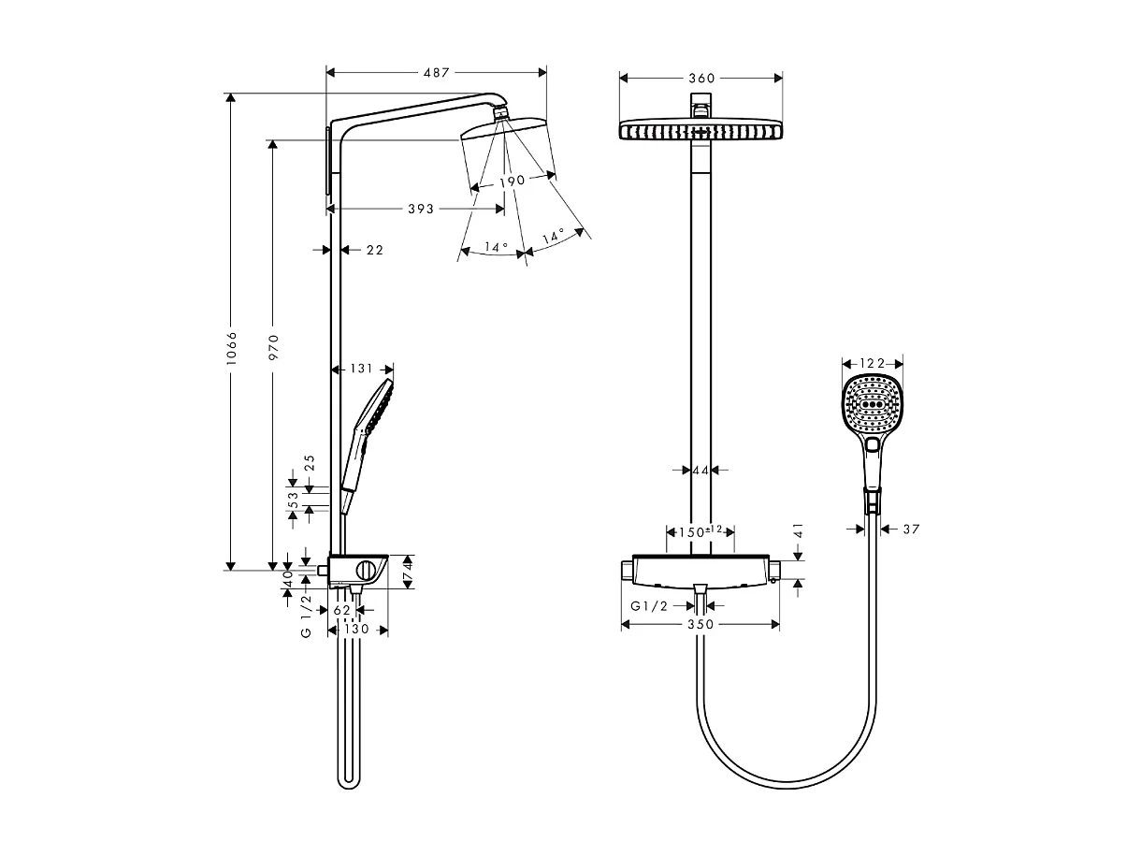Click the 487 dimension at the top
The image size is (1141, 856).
tap(436, 72)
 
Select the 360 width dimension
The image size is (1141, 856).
tap(701, 79)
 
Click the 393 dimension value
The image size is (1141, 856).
tap(421, 209)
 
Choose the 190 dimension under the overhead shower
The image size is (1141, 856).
tap(512, 180)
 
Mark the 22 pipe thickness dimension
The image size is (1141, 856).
tap(374, 250)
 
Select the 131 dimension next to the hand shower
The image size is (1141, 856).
tap(361, 370)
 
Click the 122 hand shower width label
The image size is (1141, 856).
tap(872, 363)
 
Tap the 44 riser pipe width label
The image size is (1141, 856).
tap(700, 470)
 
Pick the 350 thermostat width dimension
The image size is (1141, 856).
tap(700, 624)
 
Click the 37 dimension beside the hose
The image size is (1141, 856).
tap(911, 530)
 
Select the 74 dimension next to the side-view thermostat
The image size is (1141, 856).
tap(407, 571)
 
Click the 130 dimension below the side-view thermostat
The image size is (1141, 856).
tap(357, 630)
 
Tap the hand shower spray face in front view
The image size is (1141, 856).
tap(874, 405)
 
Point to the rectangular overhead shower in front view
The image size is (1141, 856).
tap(700, 130)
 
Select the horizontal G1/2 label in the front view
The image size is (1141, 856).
tap(649, 605)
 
